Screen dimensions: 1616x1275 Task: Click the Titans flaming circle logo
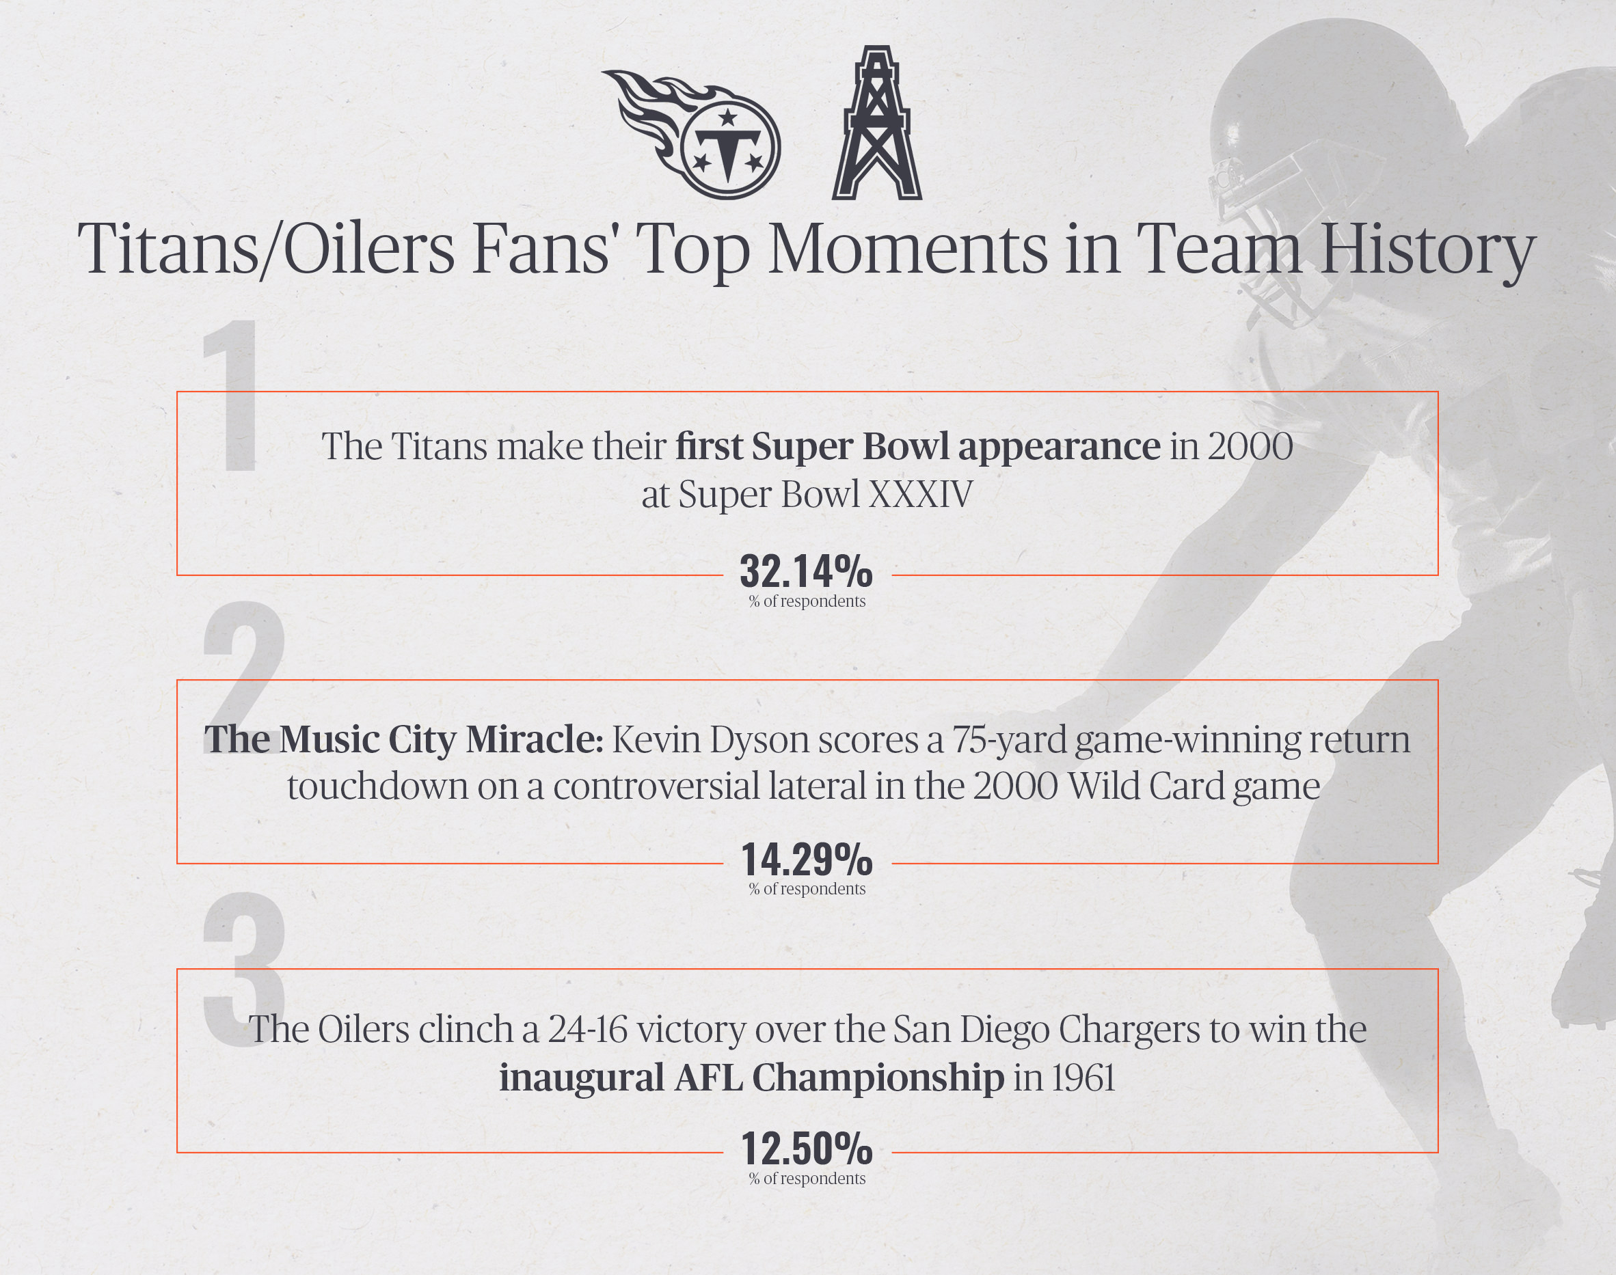click(690, 135)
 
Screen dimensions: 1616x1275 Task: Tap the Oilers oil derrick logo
click(877, 123)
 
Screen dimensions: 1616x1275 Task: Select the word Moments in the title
click(908, 249)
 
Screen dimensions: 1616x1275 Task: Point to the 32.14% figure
click(806, 572)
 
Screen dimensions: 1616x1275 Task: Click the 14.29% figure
click(807, 859)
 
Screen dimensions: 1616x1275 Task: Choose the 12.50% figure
click(807, 1148)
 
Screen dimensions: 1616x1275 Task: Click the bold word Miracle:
click(534, 740)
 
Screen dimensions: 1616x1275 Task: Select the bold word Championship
click(878, 1079)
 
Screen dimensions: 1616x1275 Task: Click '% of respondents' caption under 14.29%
click(807, 889)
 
